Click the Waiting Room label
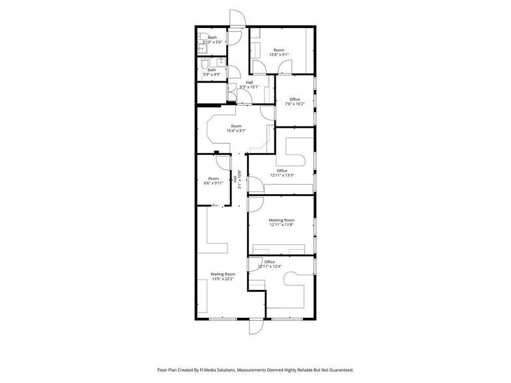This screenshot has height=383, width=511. click(x=222, y=274)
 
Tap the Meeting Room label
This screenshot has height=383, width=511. click(x=282, y=220)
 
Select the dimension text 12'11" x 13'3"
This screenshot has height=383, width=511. click(x=282, y=175)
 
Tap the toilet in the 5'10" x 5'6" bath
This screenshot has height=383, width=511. click(x=203, y=36)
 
